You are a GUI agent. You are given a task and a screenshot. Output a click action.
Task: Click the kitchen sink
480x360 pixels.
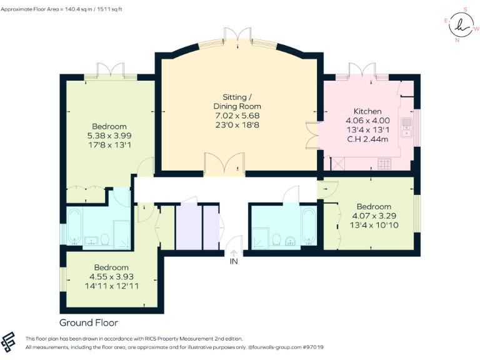(x=406, y=127)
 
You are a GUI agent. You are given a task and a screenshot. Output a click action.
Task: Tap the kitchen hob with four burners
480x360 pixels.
(x=384, y=164)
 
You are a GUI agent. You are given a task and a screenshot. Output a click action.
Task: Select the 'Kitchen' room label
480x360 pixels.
(x=367, y=111)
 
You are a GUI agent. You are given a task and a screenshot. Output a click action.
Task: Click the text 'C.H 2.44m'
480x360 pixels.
(x=367, y=139)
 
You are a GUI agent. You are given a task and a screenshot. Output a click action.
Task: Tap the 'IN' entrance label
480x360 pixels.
(x=234, y=261)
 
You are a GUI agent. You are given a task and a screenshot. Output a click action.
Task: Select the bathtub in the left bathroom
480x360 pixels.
(x=75, y=226)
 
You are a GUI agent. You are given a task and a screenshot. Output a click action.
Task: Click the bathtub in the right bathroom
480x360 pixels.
(x=309, y=226)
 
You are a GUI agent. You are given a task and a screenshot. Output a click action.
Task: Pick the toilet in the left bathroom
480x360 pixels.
(x=104, y=240)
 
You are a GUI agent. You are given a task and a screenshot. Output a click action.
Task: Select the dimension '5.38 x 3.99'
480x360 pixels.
(x=109, y=136)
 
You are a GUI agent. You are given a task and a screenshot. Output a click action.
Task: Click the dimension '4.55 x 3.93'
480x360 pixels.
(x=112, y=277)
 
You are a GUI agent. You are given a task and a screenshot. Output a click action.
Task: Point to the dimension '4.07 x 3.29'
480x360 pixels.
(x=374, y=216)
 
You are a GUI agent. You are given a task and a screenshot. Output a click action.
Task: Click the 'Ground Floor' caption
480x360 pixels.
(x=88, y=323)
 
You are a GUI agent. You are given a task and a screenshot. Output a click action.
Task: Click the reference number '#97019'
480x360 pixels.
(x=312, y=347)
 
